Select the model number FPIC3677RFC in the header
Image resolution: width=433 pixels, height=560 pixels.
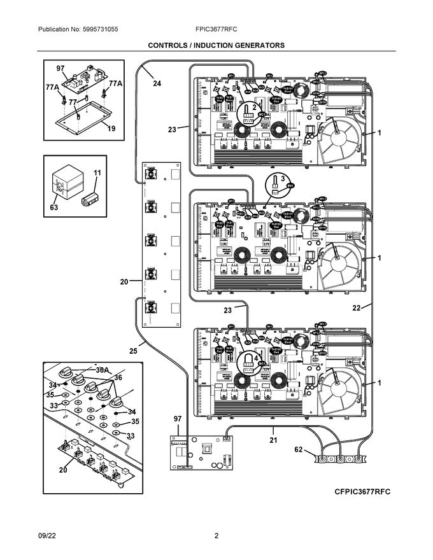point(217,30)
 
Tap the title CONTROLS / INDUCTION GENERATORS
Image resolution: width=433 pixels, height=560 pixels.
point(216,46)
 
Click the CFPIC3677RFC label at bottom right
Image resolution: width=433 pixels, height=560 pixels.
point(362,493)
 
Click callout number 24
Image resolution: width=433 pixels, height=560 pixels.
point(157,83)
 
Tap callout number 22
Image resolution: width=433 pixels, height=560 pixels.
point(357,308)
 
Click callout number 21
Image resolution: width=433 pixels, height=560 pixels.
point(273,440)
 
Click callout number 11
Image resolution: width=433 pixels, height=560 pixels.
point(97,173)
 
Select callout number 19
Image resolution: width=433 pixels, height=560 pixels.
point(111,129)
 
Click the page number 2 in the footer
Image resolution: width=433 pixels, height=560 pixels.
point(216,535)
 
